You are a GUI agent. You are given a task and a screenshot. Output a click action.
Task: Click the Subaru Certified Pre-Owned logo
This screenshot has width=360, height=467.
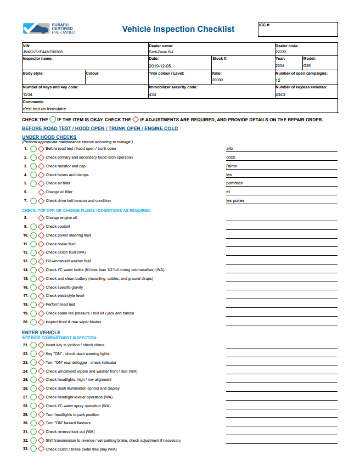pos(49,29)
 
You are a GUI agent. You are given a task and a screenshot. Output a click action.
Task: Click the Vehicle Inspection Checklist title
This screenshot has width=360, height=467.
pos(178,29)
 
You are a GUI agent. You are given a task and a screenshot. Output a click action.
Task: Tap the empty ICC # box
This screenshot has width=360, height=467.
pos(297,31)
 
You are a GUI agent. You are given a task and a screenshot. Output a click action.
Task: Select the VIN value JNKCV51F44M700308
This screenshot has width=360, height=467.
pos(43,52)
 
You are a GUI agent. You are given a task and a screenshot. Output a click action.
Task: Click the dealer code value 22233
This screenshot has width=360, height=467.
pos(281,52)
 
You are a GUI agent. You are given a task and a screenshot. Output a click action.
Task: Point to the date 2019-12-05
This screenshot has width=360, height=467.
pos(161,65)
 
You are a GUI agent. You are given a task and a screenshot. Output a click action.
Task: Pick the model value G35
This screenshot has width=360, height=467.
pos(307,65)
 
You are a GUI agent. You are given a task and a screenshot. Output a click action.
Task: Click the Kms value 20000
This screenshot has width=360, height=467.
pos(217,80)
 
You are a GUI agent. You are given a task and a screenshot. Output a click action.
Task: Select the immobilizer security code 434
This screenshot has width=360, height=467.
pos(153,94)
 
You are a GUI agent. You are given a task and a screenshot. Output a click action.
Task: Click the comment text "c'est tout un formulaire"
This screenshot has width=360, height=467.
pos(44,109)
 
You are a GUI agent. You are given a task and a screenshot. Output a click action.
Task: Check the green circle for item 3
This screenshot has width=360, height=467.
pos(33,166)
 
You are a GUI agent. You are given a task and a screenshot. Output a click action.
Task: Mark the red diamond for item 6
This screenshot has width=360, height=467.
pos(41,192)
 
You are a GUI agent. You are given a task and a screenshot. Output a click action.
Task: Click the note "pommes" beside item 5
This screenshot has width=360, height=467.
pos(234,183)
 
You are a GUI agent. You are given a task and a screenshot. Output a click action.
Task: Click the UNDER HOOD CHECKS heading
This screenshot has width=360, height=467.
pos(49,137)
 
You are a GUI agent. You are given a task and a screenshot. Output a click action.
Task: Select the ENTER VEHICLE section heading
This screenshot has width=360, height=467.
pos(41,333)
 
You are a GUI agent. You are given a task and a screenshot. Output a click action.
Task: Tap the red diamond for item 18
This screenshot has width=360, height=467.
pos(41,305)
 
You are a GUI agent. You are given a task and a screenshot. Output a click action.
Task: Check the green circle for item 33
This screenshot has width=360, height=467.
pos(33,449)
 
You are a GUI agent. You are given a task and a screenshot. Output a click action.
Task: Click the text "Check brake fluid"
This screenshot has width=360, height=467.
pos(60,244)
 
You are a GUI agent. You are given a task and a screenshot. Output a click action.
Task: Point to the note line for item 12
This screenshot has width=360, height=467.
pos(282,254)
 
